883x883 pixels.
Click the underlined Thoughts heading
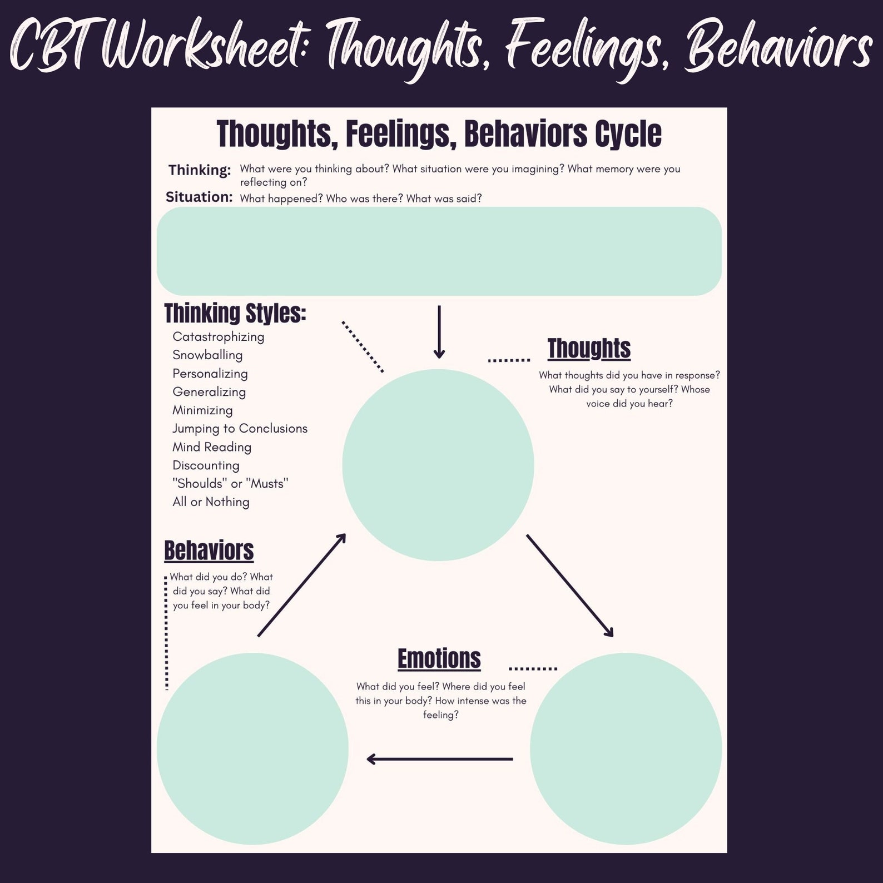(589, 349)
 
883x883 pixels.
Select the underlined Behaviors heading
(209, 550)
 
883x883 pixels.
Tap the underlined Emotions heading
(439, 658)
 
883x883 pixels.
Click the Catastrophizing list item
(218, 337)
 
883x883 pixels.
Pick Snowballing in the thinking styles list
(207, 355)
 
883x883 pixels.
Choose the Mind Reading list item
(212, 447)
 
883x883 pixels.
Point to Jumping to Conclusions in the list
(240, 429)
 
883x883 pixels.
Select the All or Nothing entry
(211, 502)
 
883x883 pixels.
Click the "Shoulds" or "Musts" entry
(230, 484)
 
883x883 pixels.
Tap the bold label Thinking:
(200, 170)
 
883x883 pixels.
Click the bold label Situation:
(199, 197)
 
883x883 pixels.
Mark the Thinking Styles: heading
(235, 314)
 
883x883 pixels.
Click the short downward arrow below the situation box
(439, 332)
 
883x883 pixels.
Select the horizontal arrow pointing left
(439, 759)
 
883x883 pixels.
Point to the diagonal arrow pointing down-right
(569, 586)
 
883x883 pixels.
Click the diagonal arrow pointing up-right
(302, 586)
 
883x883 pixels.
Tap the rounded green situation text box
(439, 251)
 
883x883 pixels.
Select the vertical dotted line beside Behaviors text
(166, 633)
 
